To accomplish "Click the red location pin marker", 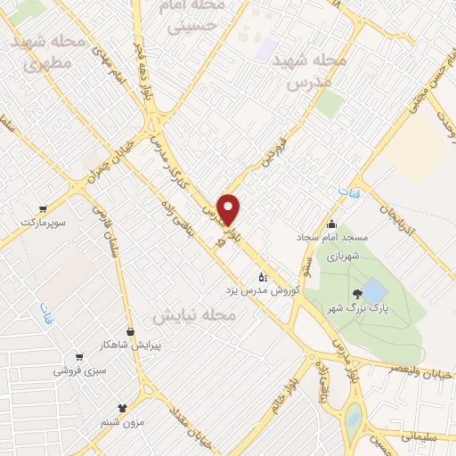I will coord(229,209).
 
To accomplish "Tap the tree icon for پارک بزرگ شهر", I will coord(357,293).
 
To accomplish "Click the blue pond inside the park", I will coord(375,291).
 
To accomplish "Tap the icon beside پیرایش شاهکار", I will coord(131,331).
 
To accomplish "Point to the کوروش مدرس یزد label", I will coord(262,291).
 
